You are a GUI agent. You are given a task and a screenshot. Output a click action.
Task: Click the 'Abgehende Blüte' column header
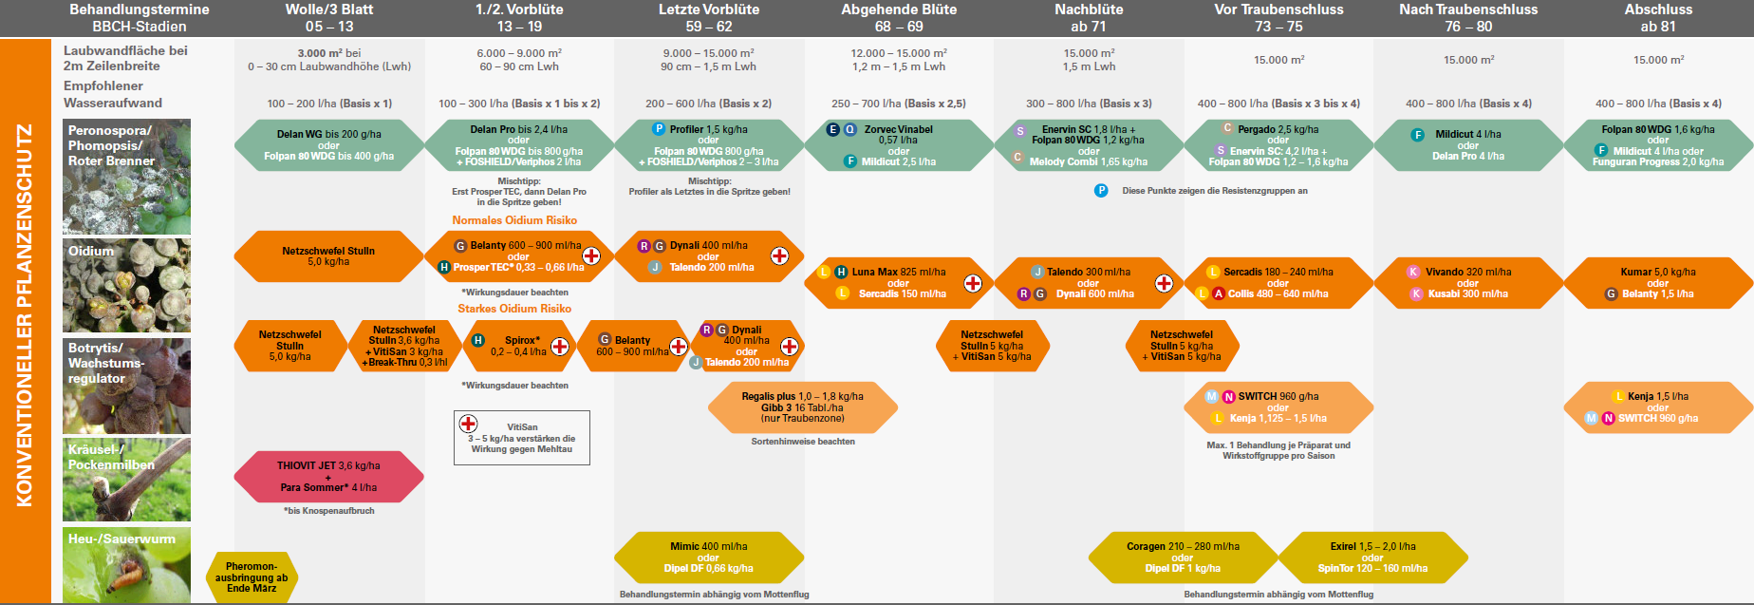pyautogui.click(x=898, y=18)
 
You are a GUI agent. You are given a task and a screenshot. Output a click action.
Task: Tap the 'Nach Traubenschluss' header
pyautogui.click(x=1467, y=18)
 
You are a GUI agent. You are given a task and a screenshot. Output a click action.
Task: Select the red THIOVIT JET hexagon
pyautogui.click(x=328, y=477)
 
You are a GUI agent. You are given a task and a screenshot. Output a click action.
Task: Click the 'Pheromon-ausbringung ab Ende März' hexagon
pyautogui.click(x=252, y=577)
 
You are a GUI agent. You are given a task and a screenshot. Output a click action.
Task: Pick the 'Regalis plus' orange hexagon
pyautogui.click(x=803, y=407)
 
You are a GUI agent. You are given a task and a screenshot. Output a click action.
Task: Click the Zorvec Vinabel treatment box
pyautogui.click(x=898, y=145)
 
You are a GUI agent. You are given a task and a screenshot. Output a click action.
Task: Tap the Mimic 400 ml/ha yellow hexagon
pyautogui.click(x=708, y=558)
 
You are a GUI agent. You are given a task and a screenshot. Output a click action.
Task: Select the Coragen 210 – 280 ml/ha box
pyautogui.click(x=1183, y=558)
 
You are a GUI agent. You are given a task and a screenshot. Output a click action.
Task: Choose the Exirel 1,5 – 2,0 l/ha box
pyautogui.click(x=1372, y=558)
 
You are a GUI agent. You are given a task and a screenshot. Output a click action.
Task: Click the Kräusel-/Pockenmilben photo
pyautogui.click(x=126, y=480)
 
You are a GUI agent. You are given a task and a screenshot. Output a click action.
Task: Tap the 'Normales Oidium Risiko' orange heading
pyautogui.click(x=514, y=220)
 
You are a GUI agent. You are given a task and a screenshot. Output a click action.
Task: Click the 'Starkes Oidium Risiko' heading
pyautogui.click(x=514, y=309)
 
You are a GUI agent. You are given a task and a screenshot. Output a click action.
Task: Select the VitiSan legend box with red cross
pyautogui.click(x=522, y=438)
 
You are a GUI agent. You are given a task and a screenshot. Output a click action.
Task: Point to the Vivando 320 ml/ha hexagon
pyautogui.click(x=1467, y=283)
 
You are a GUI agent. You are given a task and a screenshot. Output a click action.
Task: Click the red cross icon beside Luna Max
pyautogui.click(x=973, y=283)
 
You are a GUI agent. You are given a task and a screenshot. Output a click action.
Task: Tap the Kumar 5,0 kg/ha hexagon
pyautogui.click(x=1657, y=283)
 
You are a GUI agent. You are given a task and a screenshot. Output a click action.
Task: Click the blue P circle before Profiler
pyautogui.click(x=659, y=129)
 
